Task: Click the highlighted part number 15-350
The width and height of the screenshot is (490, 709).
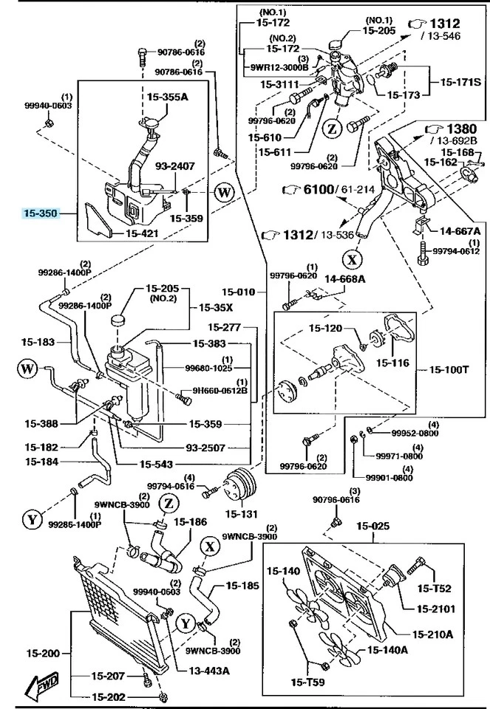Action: tap(39, 213)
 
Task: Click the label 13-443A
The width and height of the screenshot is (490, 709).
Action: tap(209, 671)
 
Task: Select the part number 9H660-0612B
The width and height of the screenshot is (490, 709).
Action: tap(220, 391)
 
